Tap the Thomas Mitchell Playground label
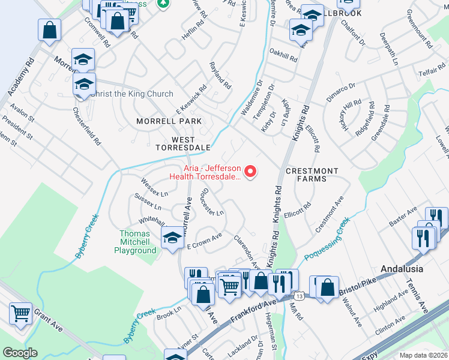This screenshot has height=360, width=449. [x=138, y=242]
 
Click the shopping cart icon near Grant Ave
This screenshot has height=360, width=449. [x=21, y=314]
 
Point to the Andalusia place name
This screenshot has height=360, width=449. [x=402, y=269]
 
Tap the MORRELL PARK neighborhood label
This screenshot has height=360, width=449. [x=168, y=121]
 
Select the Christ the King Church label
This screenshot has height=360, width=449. [x=131, y=94]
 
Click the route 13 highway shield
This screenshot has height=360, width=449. [x=298, y=296]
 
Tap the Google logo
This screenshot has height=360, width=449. [x=20, y=353]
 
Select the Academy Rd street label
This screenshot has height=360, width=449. [x=19, y=77]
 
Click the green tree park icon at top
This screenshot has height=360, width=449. [x=163, y=4]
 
